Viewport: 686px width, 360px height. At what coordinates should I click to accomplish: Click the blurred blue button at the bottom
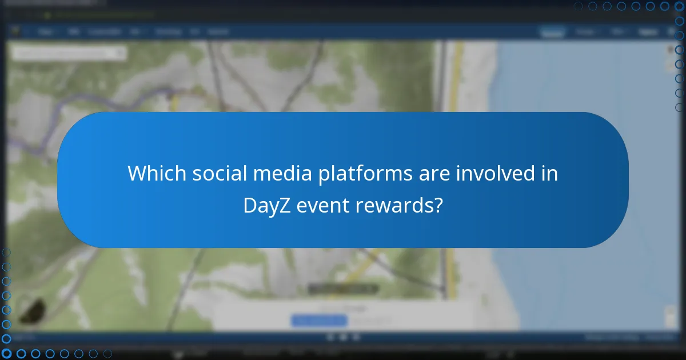(x=319, y=321)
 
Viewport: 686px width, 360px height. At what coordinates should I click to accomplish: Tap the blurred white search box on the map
(x=69, y=53)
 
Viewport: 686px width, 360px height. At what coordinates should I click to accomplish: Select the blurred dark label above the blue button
(x=343, y=289)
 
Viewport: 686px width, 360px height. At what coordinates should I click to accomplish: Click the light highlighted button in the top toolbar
(x=552, y=32)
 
